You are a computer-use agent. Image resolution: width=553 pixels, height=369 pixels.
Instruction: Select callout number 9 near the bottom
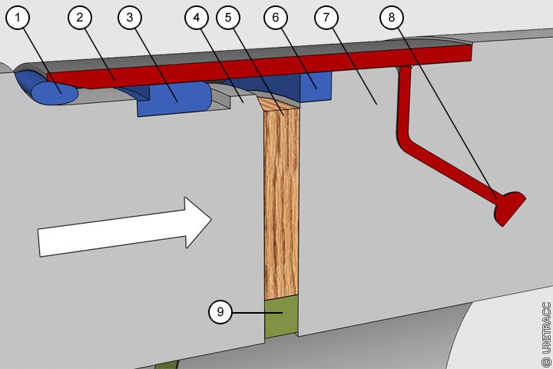click(x=220, y=312)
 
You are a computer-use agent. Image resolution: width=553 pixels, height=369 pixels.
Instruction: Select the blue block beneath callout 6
click(x=313, y=86)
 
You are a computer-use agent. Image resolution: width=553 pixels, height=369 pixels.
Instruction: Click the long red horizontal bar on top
click(x=261, y=66)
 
